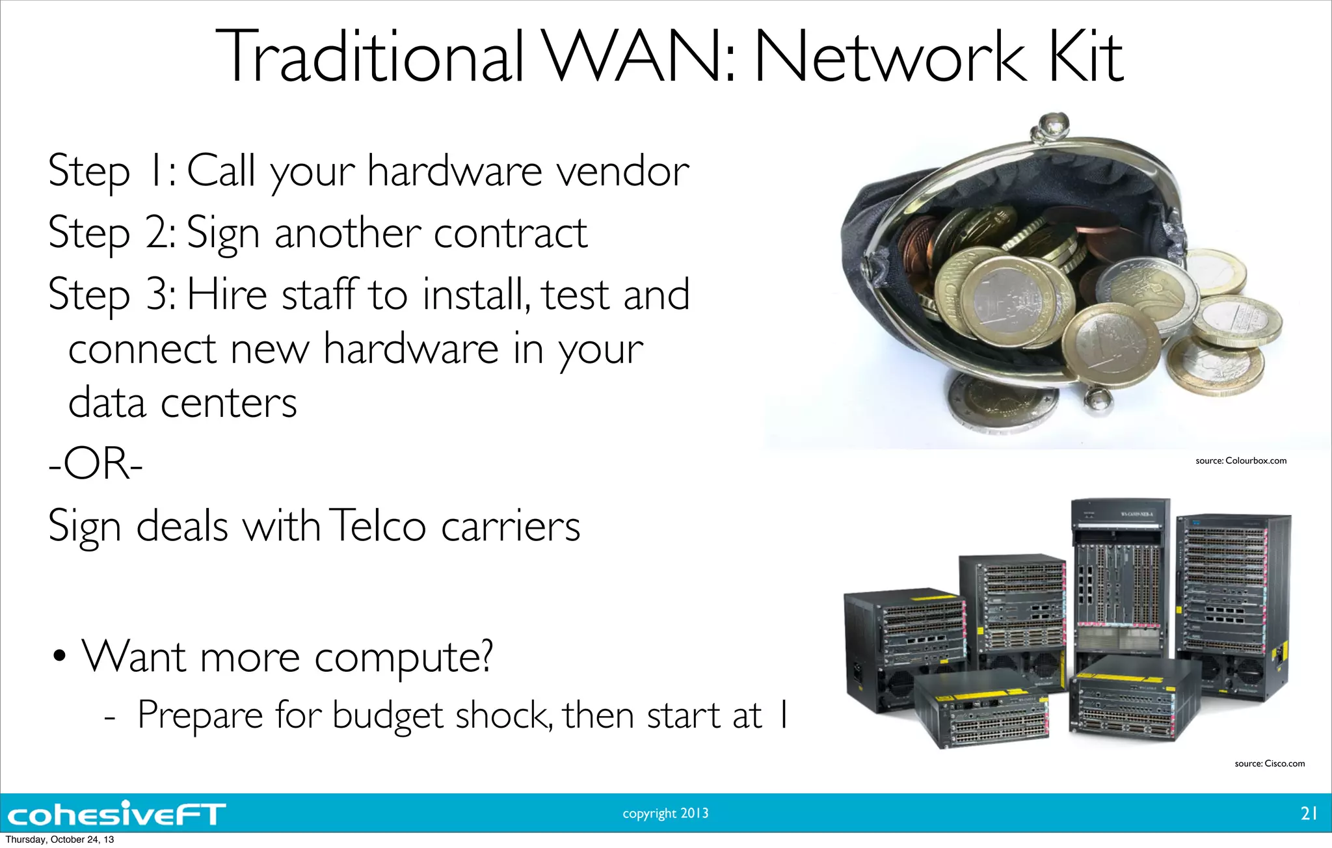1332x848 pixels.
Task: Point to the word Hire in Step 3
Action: [227, 294]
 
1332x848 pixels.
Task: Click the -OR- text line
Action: [96, 464]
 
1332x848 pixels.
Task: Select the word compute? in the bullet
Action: [403, 657]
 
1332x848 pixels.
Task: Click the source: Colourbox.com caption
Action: [1240, 460]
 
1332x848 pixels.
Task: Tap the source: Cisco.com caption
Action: [1269, 763]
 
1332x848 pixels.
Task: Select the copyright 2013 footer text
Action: [665, 813]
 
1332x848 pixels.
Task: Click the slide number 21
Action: [1309, 813]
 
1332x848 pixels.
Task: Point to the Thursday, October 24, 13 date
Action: [59, 840]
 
